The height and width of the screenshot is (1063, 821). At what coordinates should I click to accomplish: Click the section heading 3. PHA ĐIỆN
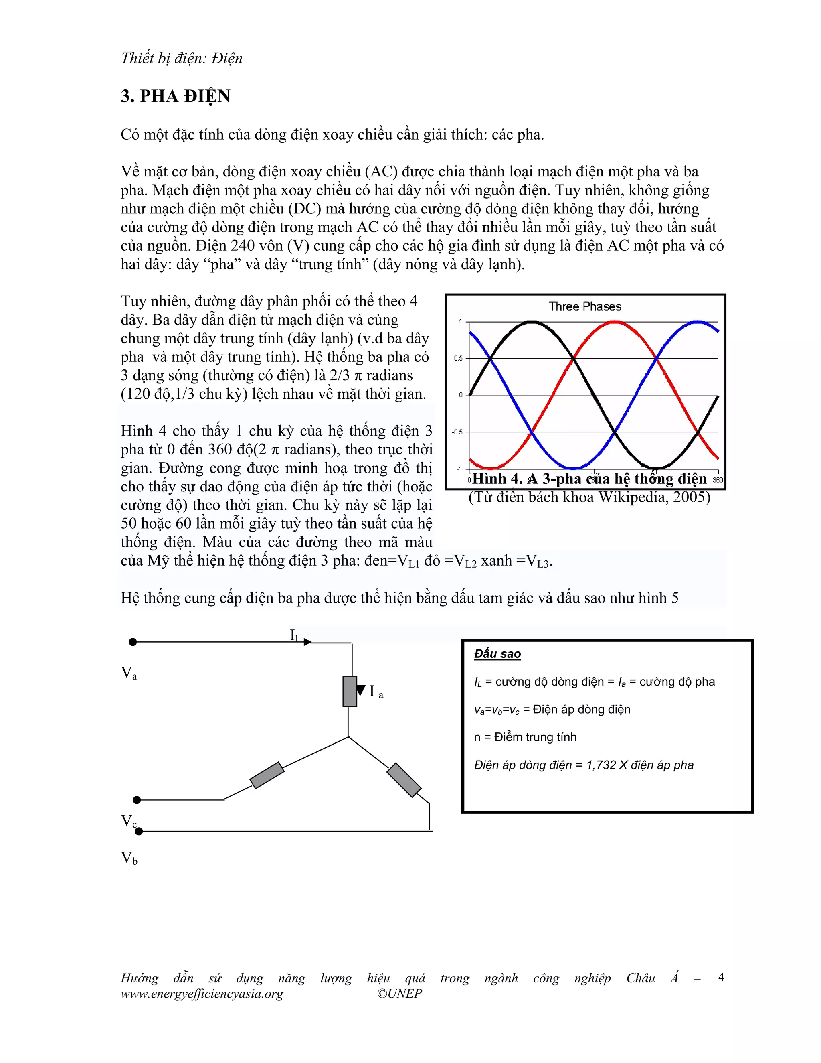[176, 96]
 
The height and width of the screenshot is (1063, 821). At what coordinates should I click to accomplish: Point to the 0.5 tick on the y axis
[458, 359]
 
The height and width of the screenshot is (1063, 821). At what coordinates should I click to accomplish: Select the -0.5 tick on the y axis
[457, 432]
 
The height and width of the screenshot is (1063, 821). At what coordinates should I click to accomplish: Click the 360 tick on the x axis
[718, 480]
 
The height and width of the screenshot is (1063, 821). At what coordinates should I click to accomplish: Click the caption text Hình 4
[496, 479]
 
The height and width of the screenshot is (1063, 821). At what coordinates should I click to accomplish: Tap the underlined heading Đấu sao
[497, 654]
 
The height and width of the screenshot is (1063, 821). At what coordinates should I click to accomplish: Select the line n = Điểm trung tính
[525, 737]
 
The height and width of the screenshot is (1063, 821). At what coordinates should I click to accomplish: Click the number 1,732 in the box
[602, 765]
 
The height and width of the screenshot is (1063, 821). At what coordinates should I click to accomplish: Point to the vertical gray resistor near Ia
[350, 691]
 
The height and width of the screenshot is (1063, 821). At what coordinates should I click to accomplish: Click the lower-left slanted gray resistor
[267, 775]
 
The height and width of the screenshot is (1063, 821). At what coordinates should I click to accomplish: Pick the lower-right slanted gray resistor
[404, 780]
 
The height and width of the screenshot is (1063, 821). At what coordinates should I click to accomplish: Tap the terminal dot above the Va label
[133, 642]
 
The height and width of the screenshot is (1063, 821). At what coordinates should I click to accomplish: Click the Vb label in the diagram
[129, 858]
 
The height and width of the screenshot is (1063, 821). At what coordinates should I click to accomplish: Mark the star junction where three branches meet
[349, 737]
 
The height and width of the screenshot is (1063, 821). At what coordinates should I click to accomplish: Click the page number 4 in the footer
[721, 977]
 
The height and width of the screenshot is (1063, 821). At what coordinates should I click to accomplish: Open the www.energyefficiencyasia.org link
[202, 994]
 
